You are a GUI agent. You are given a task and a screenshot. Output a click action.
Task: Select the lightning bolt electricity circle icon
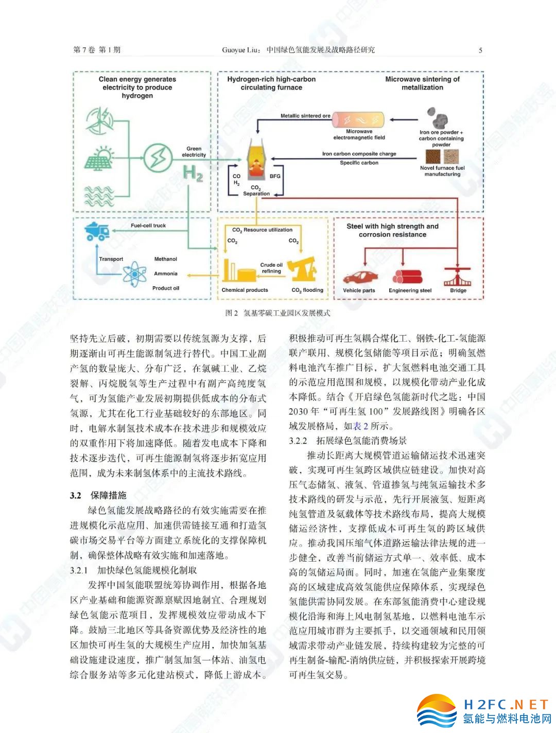click(158, 157)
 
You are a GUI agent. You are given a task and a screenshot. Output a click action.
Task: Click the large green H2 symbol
click(193, 173)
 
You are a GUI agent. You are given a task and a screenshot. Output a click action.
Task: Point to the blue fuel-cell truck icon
click(97, 231)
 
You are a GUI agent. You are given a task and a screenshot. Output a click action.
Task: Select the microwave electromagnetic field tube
click(359, 119)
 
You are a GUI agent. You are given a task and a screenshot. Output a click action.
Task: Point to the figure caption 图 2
click(232, 312)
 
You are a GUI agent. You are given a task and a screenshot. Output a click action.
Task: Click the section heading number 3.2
click(76, 495)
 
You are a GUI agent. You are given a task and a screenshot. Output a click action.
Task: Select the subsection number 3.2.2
click(298, 441)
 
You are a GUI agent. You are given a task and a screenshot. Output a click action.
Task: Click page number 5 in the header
click(480, 50)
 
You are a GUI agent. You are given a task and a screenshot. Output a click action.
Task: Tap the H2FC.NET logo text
click(506, 704)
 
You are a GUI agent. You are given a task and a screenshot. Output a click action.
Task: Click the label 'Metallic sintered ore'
click(305, 116)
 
